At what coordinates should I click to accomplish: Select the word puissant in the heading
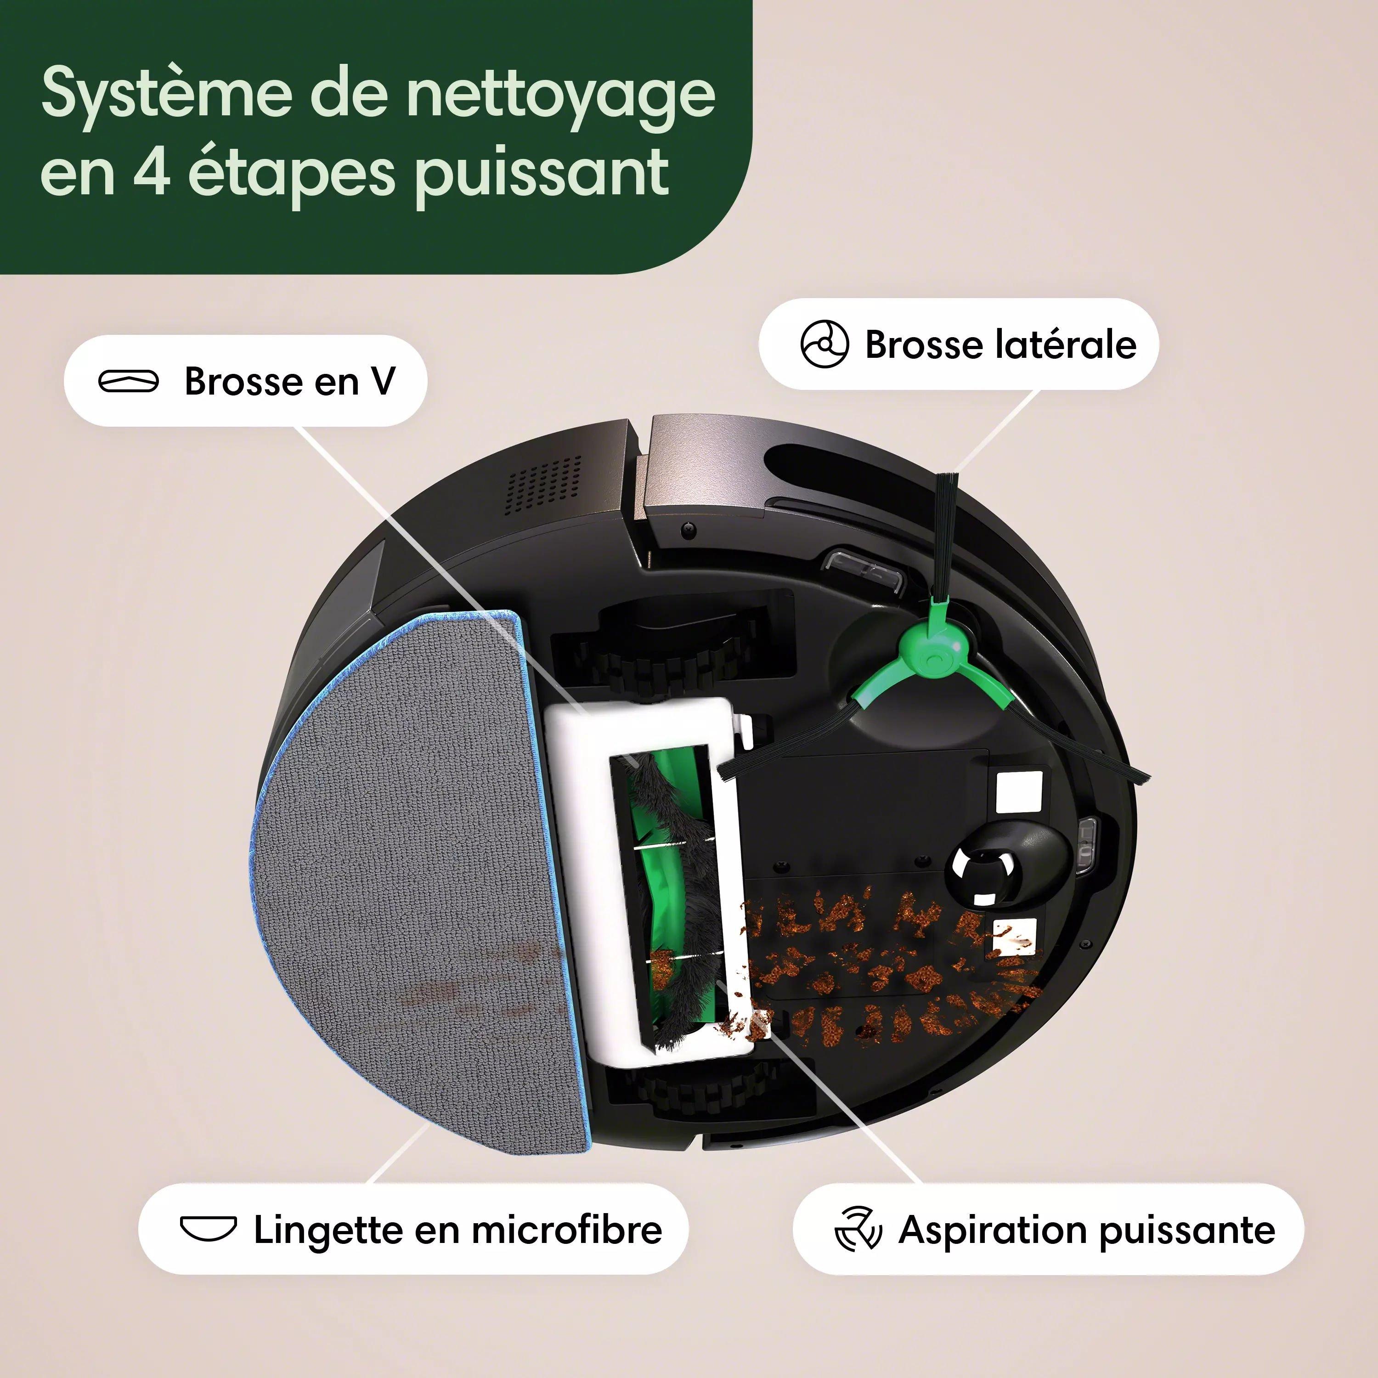[542, 173]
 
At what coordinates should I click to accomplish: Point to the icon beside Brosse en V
[129, 382]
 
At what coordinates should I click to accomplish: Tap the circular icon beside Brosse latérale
[825, 344]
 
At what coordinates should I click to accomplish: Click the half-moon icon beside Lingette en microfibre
[208, 1229]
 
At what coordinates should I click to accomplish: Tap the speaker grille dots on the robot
[543, 484]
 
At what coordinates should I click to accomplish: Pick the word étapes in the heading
[291, 173]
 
